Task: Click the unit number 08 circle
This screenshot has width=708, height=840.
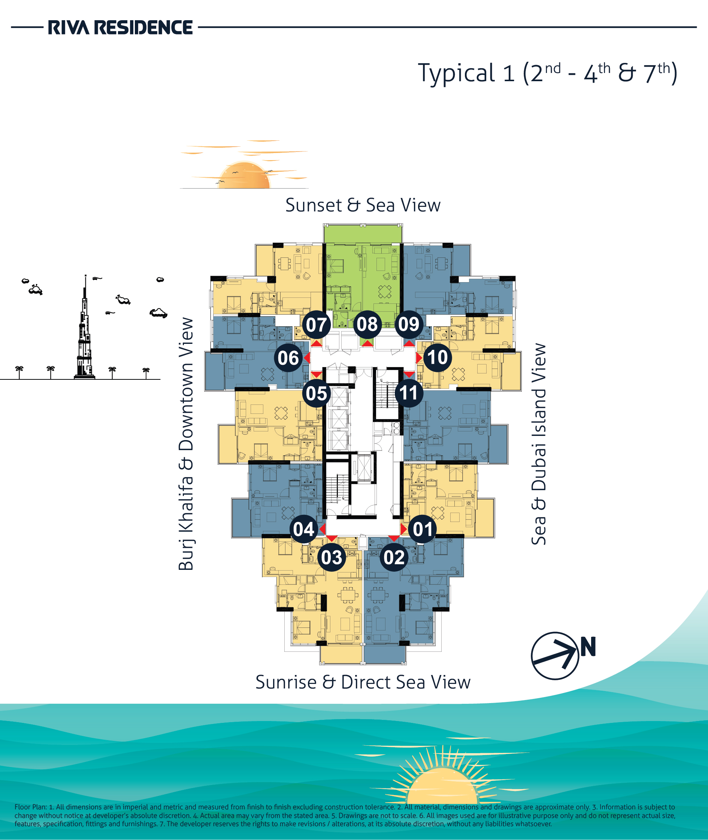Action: pos(367,324)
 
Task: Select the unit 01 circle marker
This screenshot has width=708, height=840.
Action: pos(422,529)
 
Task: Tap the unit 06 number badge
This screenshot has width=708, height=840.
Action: pos(288,358)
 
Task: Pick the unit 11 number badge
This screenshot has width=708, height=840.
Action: pos(409,393)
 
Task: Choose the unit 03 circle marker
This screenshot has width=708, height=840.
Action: pos(332,558)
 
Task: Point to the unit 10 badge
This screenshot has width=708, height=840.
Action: pos(438,357)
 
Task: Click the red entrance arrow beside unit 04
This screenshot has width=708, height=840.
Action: pos(322,529)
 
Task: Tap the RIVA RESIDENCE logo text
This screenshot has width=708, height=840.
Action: pos(120,27)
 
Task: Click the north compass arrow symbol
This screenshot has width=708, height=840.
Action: pos(555,656)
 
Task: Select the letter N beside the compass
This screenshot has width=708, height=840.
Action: pos(588,647)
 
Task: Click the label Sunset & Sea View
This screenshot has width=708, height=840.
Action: pos(363,205)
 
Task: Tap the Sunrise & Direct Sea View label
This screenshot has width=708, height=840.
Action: pos(363,682)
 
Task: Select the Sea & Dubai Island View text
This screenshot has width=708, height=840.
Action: pos(539,444)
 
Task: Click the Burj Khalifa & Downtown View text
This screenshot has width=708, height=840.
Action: pos(186,444)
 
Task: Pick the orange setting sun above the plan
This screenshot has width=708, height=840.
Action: pos(244,175)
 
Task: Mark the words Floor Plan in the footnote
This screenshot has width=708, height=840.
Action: pos(30,807)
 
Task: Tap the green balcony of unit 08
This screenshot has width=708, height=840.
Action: pos(363,233)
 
